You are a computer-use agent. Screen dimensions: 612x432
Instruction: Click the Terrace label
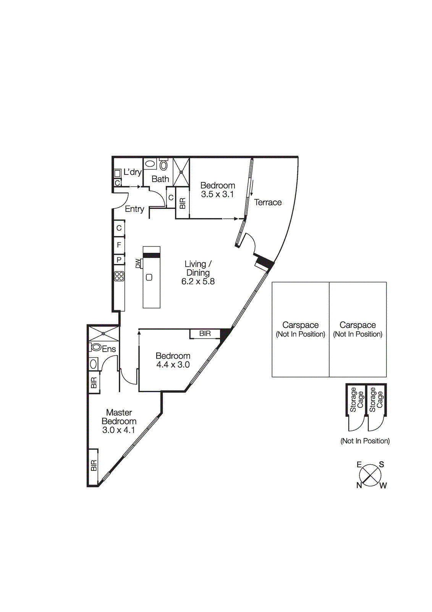(268, 202)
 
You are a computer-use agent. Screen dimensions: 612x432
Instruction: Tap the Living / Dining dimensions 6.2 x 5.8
(198, 282)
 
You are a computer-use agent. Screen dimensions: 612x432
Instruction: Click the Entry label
(134, 209)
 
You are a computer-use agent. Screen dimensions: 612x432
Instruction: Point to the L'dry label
(133, 172)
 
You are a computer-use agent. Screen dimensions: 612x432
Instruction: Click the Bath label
(160, 179)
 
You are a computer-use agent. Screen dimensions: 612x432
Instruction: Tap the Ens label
(109, 349)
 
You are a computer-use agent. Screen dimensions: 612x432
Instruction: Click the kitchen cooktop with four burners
(119, 276)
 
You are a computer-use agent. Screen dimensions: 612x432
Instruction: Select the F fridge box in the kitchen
(119, 245)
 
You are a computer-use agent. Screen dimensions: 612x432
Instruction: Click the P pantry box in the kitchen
(119, 260)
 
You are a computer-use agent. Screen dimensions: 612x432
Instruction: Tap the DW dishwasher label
(138, 263)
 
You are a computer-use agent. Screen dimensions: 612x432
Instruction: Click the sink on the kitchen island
(149, 277)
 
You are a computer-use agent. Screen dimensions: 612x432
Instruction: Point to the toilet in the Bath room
(164, 164)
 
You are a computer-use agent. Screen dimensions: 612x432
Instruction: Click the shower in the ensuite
(104, 334)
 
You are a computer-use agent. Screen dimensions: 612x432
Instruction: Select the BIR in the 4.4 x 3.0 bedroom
(205, 334)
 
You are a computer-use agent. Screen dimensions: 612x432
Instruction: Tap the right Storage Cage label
(376, 400)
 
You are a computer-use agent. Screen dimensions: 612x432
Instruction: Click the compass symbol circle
(370, 475)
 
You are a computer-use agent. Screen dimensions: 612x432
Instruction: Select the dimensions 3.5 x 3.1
(217, 194)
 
